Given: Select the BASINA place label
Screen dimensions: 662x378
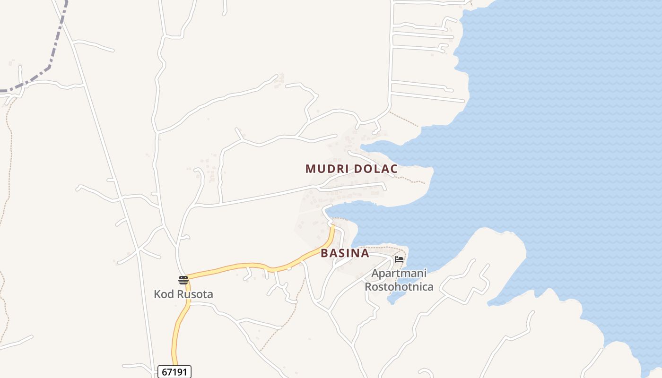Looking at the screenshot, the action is pyautogui.click(x=345, y=253).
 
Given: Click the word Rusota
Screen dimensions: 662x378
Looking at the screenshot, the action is pyautogui.click(x=195, y=294).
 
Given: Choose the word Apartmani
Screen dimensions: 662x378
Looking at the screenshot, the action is pyautogui.click(x=399, y=274).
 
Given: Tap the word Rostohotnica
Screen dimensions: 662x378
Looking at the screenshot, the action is pyautogui.click(x=399, y=286).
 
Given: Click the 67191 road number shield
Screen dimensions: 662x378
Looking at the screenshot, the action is pyautogui.click(x=174, y=372).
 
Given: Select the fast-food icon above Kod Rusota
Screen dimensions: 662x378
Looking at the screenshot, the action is pyautogui.click(x=183, y=280).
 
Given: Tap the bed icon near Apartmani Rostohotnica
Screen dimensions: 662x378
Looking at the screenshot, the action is pyautogui.click(x=399, y=259).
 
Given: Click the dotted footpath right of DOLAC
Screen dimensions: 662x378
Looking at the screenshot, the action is pyautogui.click(x=411, y=180).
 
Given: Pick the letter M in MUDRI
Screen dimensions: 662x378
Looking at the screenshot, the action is pyautogui.click(x=310, y=169).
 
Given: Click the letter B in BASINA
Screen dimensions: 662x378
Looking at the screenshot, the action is pyautogui.click(x=324, y=253).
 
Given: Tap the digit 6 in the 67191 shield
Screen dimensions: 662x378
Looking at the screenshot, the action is pyautogui.click(x=164, y=372).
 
